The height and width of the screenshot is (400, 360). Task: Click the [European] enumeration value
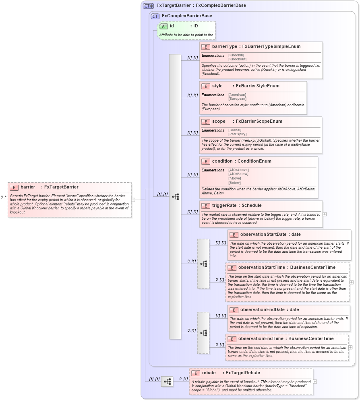pyautogui.click(x=237, y=99)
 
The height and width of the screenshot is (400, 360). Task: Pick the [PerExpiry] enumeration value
pyautogui.click(x=237, y=134)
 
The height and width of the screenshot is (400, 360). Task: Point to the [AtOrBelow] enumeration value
pyautogui.click(x=238, y=174)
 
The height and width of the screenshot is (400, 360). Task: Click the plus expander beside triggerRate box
pyautogui.click(x=325, y=214)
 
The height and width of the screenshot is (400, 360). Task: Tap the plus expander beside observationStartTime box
pyautogui.click(x=352, y=282)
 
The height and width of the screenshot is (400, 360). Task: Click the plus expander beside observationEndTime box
pyautogui.click(x=351, y=347)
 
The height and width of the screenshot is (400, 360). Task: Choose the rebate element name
pyautogui.click(x=209, y=373)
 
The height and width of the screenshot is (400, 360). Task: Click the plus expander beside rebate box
pyautogui.click(x=315, y=381)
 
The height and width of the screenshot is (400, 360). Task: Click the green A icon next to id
pyautogui.click(x=163, y=26)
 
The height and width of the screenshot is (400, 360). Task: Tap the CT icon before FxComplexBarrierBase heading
pyautogui.click(x=155, y=16)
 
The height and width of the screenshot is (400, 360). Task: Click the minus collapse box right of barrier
pyautogui.click(x=133, y=200)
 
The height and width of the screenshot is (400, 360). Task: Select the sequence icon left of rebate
pyautogui.click(x=167, y=381)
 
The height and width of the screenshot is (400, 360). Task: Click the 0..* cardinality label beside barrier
pyautogui.click(x=3, y=197)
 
